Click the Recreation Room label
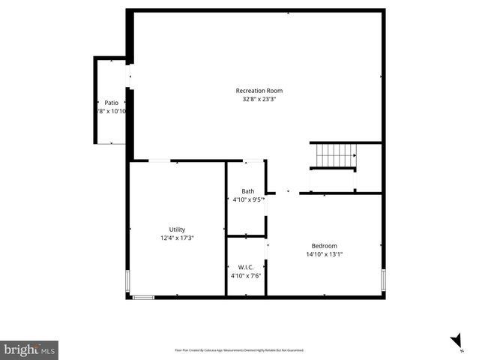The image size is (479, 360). click(x=259, y=91)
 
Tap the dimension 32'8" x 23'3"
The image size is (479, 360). click(x=259, y=99)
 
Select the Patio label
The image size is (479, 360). click(x=111, y=103)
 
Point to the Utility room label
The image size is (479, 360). click(x=177, y=229)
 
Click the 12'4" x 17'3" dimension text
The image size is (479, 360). click(x=177, y=238)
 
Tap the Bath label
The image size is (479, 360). click(x=247, y=191)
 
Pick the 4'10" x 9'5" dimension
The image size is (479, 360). click(x=247, y=199)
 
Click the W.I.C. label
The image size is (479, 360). click(x=246, y=267)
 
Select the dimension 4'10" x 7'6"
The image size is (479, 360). click(x=246, y=275)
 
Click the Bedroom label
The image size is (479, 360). click(x=325, y=246)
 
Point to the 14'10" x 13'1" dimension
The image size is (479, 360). click(x=325, y=254)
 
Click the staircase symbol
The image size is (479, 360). click(x=335, y=155)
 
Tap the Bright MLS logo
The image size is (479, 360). click(x=29, y=349)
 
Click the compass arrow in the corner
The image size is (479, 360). click(x=457, y=343)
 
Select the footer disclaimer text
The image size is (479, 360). click(x=239, y=349)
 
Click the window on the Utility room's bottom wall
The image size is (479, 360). click(x=143, y=298)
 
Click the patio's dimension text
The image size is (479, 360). click(x=111, y=111)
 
